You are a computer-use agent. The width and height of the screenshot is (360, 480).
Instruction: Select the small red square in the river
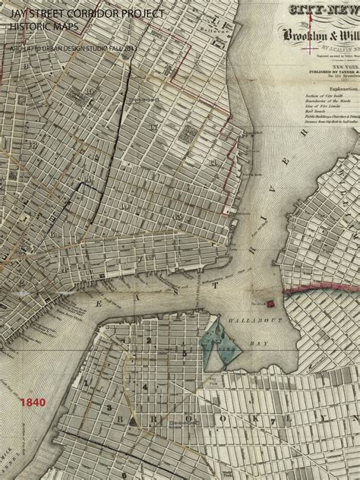269,304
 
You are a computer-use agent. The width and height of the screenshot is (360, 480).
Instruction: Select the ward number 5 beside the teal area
185,353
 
